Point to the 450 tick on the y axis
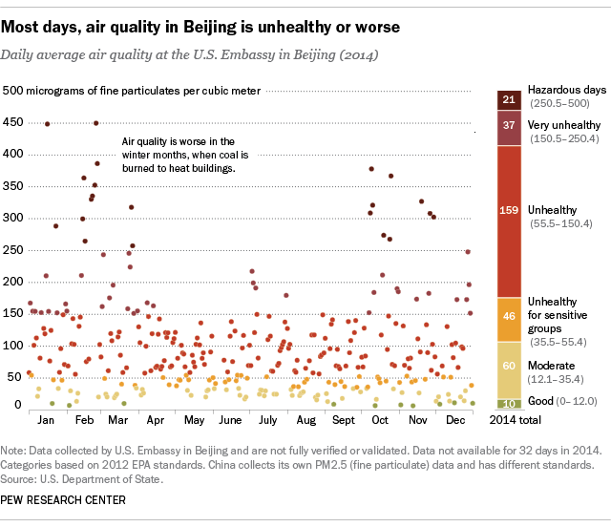click(x=14, y=122)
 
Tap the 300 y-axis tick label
click(x=14, y=218)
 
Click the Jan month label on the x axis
click(x=44, y=420)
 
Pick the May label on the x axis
click(x=194, y=420)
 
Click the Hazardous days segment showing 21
click(x=508, y=100)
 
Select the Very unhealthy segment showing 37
click(x=508, y=125)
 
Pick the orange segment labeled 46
click(x=508, y=314)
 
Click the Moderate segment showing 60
click(x=508, y=365)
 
